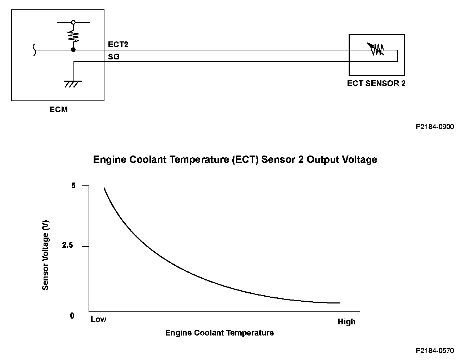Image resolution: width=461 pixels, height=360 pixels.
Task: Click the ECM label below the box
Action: click(x=58, y=109)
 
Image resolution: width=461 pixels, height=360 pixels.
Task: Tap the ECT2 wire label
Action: click(x=118, y=45)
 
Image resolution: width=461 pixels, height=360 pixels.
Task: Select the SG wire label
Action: click(x=113, y=57)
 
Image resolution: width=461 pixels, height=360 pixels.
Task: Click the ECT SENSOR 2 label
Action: click(x=376, y=83)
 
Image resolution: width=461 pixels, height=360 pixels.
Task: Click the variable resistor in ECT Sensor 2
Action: click(x=376, y=49)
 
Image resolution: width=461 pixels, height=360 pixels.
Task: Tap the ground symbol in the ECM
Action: click(x=73, y=84)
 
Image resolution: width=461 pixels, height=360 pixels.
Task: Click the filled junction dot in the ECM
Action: click(x=73, y=50)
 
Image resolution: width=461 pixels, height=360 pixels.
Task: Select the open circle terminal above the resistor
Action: click(x=73, y=22)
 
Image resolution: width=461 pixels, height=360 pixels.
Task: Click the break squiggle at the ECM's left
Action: click(x=35, y=50)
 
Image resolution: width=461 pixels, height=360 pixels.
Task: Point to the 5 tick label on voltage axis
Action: click(x=73, y=186)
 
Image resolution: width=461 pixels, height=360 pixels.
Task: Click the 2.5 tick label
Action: click(x=67, y=246)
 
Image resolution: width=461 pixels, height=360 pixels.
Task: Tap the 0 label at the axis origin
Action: click(x=72, y=316)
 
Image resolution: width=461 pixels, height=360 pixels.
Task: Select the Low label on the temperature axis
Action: click(x=98, y=319)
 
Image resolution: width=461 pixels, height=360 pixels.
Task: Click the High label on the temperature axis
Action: click(x=346, y=321)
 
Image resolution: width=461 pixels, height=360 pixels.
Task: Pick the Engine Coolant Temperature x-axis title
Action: click(x=219, y=333)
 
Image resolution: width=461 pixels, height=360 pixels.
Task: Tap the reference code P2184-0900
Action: click(x=434, y=127)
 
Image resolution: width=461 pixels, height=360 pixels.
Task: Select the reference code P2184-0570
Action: click(x=434, y=350)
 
